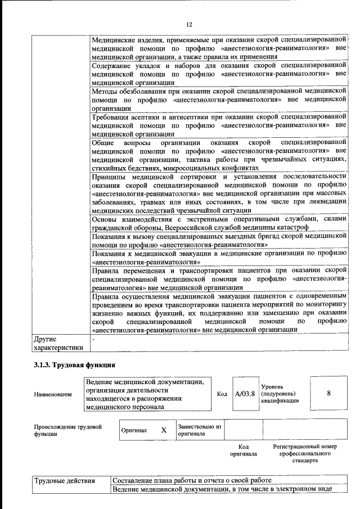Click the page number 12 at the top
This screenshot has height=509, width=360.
point(189,24)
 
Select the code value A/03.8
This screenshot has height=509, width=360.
point(245,393)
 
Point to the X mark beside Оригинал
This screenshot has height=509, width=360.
point(164,430)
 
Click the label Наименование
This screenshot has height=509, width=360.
point(53,395)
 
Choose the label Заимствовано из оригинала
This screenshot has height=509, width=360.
point(200,430)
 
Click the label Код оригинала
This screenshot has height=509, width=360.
point(247,450)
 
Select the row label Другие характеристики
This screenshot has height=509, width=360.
point(58,344)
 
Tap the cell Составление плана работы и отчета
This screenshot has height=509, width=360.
point(192,481)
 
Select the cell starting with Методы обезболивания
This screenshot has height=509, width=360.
point(218,100)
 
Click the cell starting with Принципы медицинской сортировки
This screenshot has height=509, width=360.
point(218,193)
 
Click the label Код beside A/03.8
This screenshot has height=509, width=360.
point(222,394)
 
